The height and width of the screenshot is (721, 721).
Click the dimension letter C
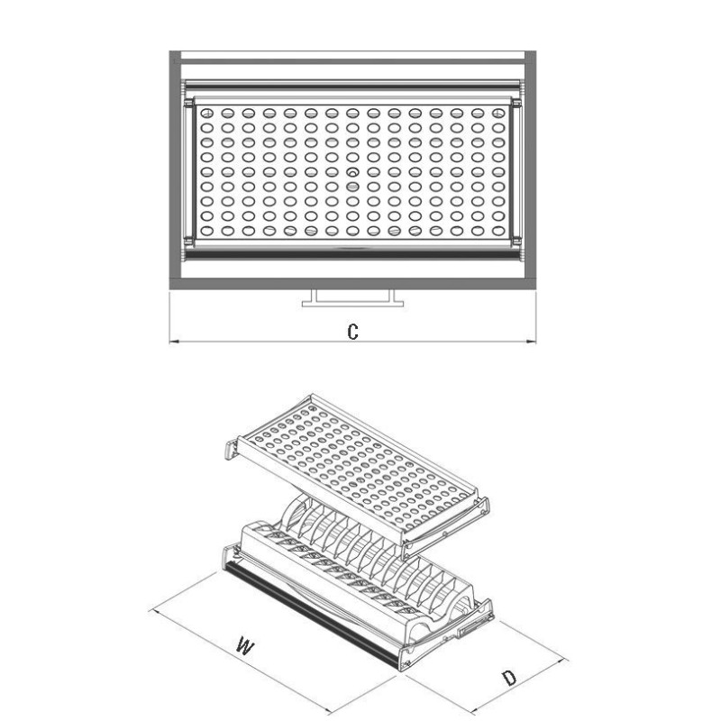tap(352, 332)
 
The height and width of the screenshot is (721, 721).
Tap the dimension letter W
tap(244, 645)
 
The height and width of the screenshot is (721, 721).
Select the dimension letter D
tap(508, 678)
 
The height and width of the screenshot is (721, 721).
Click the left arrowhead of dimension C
tap(174, 342)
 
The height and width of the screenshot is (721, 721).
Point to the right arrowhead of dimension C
tap(531, 342)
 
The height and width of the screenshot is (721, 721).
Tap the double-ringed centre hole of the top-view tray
tap(352, 172)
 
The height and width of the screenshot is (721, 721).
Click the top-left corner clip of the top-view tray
tap(188, 104)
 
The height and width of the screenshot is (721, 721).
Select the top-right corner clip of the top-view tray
tap(516, 104)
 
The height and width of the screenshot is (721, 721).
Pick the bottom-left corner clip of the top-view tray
tap(188, 240)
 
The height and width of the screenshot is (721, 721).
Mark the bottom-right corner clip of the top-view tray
tap(516, 240)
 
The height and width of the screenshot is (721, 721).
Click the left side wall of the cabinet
tap(175, 170)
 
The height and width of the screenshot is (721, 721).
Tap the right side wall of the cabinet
tap(530, 170)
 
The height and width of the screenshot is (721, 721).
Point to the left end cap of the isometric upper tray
tap(232, 449)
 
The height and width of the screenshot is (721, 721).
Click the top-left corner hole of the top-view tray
tap(207, 113)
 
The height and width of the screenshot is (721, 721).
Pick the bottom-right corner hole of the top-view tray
tap(498, 231)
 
